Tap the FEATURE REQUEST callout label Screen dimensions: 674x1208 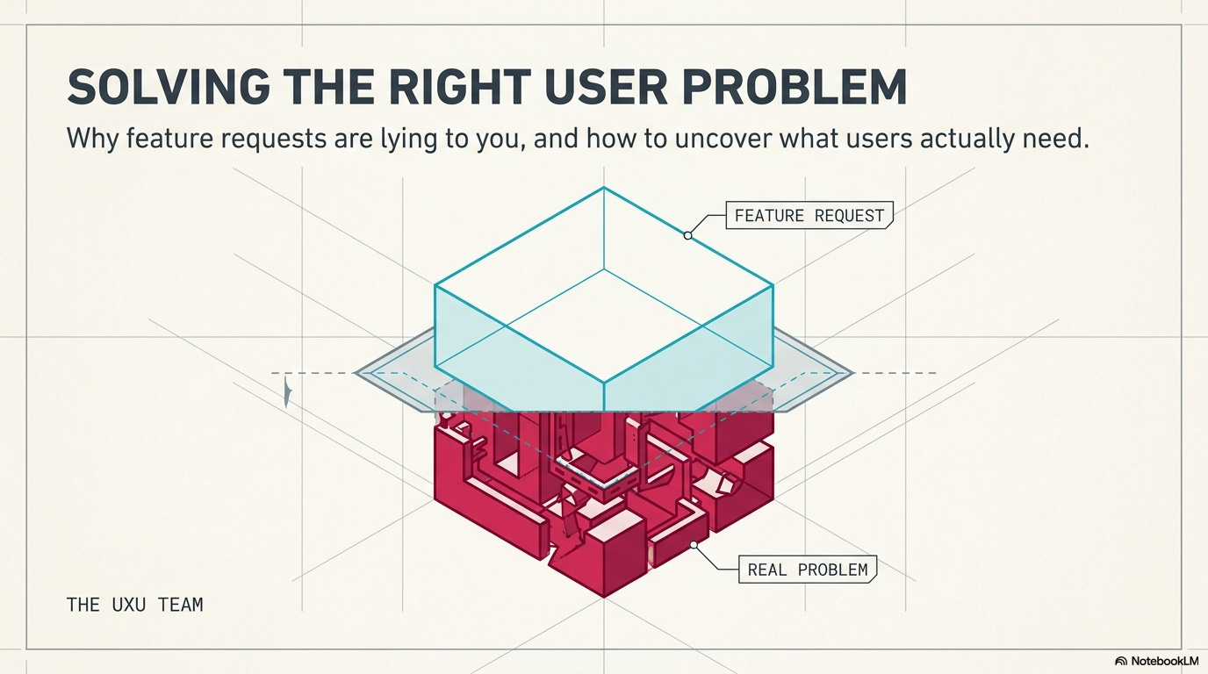pyautogui.click(x=809, y=215)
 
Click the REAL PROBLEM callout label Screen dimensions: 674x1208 pyautogui.click(x=807, y=570)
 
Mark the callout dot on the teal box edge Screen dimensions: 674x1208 pyautogui.click(x=687, y=235)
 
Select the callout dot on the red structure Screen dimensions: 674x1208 pyautogui.click(x=694, y=545)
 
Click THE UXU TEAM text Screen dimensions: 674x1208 pyautogui.click(x=134, y=605)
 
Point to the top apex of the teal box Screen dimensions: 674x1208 pyautogui.click(x=604, y=187)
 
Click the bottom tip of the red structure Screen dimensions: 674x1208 pyautogui.click(x=604, y=597)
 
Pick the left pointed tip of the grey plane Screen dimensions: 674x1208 pyautogui.click(x=356, y=373)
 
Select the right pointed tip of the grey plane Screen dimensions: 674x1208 pyautogui.click(x=852, y=373)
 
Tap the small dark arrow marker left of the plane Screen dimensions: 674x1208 pyautogui.click(x=286, y=392)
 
